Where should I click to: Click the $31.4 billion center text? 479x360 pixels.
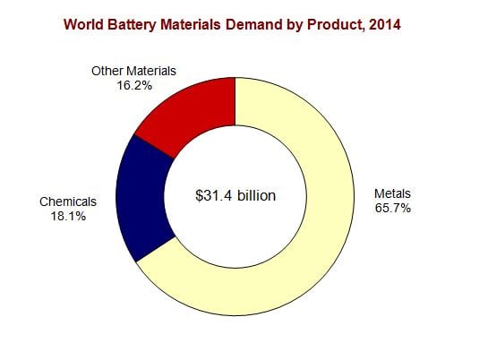(235, 195)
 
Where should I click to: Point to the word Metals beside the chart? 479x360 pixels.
(392, 193)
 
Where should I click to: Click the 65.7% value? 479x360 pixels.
(393, 208)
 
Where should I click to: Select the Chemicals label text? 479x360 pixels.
(68, 201)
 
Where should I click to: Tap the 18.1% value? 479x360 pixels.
(68, 217)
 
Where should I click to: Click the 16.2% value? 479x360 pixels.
(134, 86)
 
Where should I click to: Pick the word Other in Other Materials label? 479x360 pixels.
(106, 71)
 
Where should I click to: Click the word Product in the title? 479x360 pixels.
(336, 25)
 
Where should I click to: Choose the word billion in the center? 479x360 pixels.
(257, 195)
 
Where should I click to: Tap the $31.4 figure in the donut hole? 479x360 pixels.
(214, 195)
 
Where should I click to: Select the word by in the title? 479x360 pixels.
(295, 25)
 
